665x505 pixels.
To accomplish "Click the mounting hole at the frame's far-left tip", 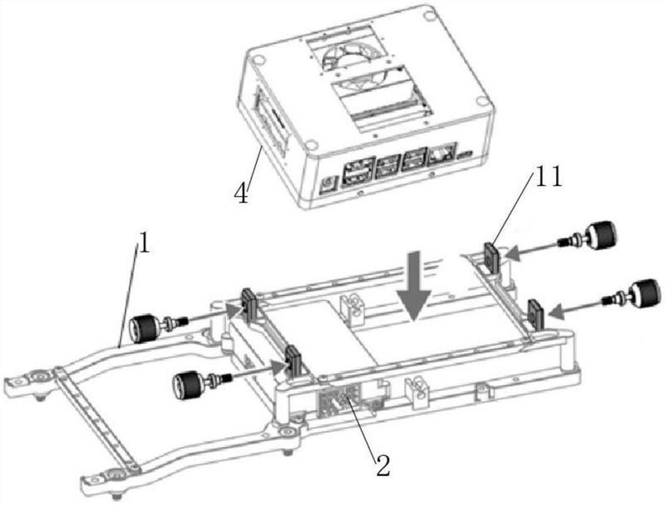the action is click(x=37, y=379).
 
